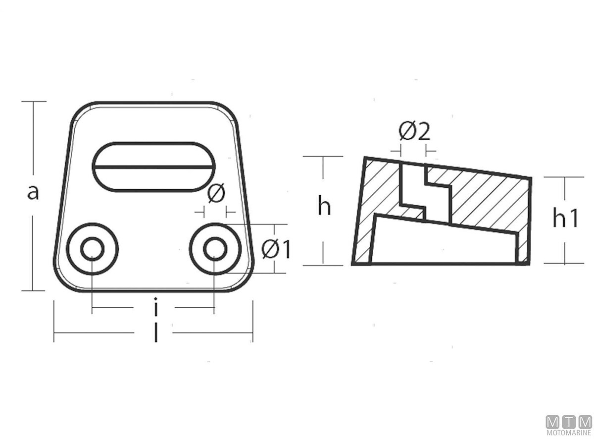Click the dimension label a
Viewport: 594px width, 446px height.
pyautogui.click(x=33, y=192)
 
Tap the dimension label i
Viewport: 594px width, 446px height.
pyautogui.click(x=156, y=307)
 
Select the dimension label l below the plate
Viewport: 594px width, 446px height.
pyautogui.click(x=156, y=333)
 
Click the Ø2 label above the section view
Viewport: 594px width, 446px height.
pyautogui.click(x=414, y=132)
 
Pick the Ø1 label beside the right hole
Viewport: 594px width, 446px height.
pyautogui.click(x=276, y=250)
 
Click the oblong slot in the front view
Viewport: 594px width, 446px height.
pyautogui.click(x=154, y=167)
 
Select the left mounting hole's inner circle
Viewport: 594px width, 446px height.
pyautogui.click(x=92, y=249)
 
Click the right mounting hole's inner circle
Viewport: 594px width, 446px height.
pyautogui.click(x=214, y=249)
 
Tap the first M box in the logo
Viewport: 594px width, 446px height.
pyautogui.click(x=553, y=422)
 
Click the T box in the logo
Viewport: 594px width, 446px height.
pyautogui.click(x=569, y=422)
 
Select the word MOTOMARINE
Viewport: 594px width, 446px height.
pyautogui.click(x=569, y=433)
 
